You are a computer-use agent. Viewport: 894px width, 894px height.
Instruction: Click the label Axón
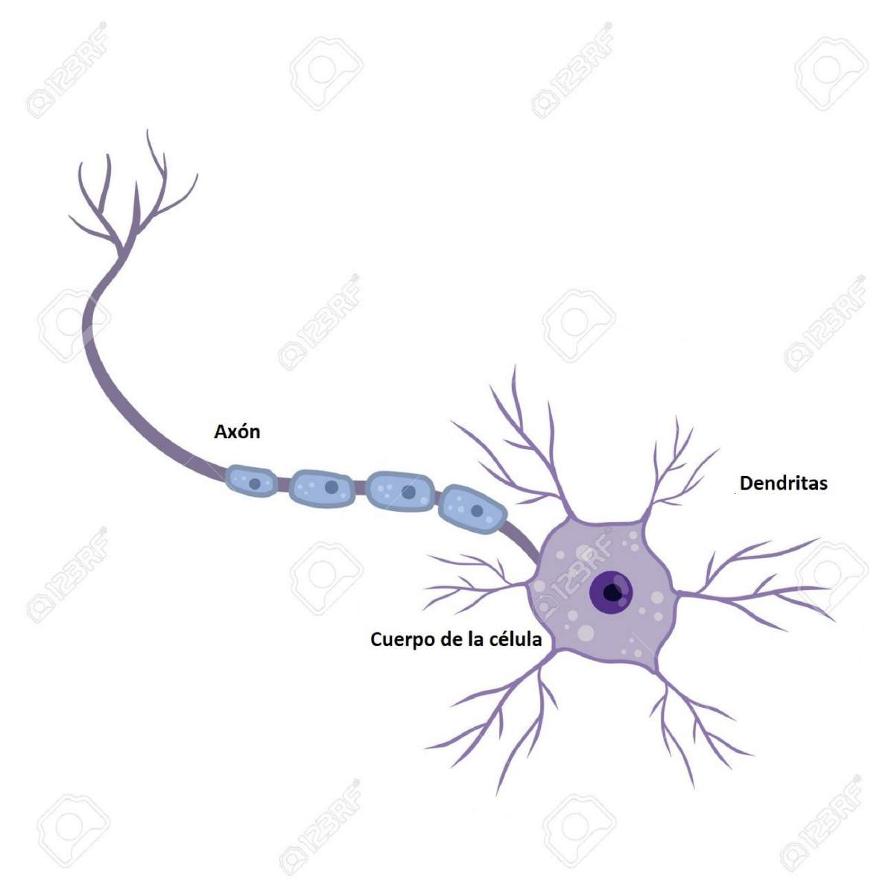(x=237, y=432)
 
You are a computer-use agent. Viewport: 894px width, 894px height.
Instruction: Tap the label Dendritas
(x=784, y=484)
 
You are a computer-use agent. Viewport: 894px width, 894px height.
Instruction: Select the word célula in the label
(x=516, y=638)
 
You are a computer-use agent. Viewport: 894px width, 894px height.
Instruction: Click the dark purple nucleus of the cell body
(x=611, y=592)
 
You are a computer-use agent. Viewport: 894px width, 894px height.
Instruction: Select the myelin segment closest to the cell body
(x=473, y=510)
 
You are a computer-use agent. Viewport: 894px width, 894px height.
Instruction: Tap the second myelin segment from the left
(x=321, y=487)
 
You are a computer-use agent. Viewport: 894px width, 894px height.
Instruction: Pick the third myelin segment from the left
(x=400, y=492)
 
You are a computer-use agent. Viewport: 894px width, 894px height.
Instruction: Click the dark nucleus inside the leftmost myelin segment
(x=254, y=484)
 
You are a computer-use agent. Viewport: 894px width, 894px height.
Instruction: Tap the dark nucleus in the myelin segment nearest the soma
(x=477, y=511)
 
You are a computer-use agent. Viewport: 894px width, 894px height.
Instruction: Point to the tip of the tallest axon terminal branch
(x=148, y=130)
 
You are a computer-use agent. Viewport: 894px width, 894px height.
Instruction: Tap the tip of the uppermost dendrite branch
(x=515, y=366)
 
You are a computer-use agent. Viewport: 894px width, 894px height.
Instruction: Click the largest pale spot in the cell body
(x=587, y=632)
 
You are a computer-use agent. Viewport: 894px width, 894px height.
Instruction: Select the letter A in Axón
(x=221, y=432)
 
